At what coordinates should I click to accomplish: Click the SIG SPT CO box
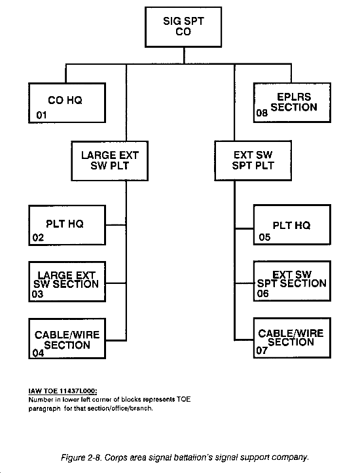click(183, 27)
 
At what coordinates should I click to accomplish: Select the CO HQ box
click(67, 103)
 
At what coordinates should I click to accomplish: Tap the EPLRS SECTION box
click(292, 103)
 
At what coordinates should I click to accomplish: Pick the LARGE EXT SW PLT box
click(110, 161)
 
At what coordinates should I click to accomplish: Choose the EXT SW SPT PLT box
click(253, 160)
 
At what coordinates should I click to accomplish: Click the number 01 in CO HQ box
click(41, 115)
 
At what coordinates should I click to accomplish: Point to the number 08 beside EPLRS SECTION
click(262, 113)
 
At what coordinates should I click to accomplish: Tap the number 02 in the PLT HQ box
click(38, 237)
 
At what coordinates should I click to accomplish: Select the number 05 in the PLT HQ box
click(264, 237)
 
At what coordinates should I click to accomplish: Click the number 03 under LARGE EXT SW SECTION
click(37, 294)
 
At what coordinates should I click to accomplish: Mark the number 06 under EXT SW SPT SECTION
click(263, 293)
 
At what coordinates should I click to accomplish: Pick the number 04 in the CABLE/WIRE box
click(38, 353)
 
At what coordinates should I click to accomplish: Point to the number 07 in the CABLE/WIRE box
click(262, 350)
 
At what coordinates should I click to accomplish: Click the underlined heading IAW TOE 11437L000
click(63, 391)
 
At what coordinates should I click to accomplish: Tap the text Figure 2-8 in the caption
click(81, 457)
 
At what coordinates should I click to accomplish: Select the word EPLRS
click(294, 97)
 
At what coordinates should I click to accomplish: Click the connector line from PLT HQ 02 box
click(116, 225)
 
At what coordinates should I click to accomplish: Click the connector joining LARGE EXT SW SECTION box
click(116, 283)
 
